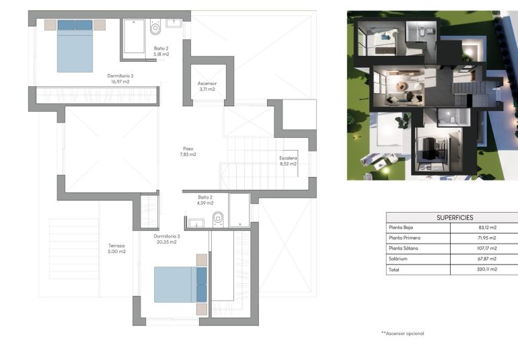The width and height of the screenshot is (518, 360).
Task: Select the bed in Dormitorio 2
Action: [x=74, y=45]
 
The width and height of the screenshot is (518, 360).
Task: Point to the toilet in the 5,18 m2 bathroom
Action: [x=156, y=28]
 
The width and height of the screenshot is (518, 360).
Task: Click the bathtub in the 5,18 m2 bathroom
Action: [x=134, y=36]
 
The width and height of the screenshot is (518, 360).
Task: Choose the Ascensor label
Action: [x=207, y=83]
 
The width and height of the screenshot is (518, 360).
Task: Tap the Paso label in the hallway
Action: [x=188, y=149]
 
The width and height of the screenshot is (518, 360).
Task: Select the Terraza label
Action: [x=116, y=246]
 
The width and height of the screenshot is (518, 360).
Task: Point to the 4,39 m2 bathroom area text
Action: [x=205, y=203]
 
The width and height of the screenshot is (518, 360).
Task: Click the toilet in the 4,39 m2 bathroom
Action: [x=218, y=218]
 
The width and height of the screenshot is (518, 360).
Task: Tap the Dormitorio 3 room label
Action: [x=167, y=236]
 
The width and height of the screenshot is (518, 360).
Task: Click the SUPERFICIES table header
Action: [x=455, y=217]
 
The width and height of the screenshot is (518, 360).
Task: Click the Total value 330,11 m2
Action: [x=484, y=268]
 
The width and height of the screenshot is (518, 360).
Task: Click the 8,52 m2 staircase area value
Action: [x=288, y=164]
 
